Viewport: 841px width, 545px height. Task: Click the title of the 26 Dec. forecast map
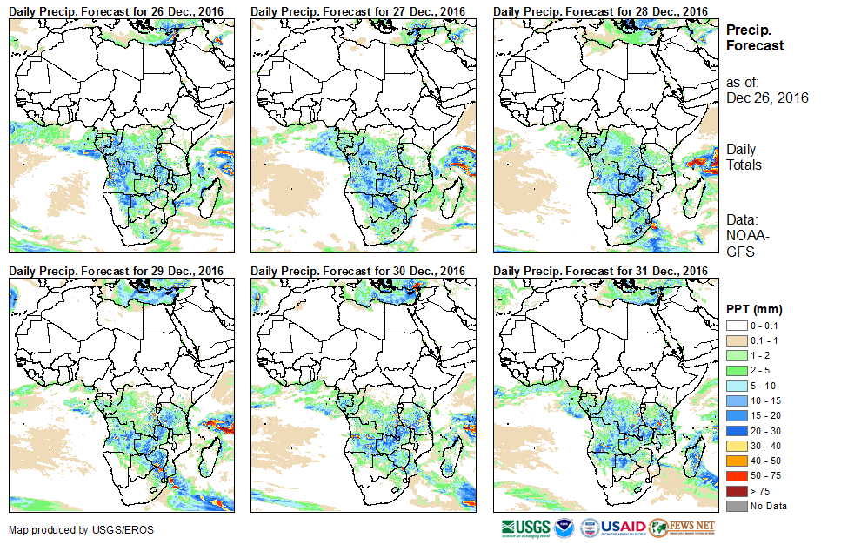click(116, 10)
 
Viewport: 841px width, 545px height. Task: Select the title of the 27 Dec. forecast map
click(357, 10)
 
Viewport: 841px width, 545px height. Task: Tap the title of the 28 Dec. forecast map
click(600, 10)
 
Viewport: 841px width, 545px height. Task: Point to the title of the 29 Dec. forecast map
click(116, 271)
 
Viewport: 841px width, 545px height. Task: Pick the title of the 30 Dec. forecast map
click(357, 271)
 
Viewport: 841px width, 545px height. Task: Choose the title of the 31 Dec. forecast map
click(600, 271)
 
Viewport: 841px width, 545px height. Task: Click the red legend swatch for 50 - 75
click(736, 476)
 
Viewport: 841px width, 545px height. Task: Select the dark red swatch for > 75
click(736, 491)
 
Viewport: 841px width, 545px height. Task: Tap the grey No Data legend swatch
click(736, 506)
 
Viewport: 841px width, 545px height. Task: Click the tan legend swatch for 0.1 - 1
click(736, 340)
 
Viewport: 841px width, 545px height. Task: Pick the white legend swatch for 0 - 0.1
click(736, 326)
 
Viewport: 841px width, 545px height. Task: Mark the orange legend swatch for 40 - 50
click(736, 461)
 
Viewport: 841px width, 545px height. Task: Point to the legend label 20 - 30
click(764, 431)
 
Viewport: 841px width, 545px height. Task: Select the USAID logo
click(613, 527)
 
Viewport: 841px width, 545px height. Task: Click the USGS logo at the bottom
click(526, 527)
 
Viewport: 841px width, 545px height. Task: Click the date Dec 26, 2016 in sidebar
click(767, 98)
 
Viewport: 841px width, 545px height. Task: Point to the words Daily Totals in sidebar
click(744, 157)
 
